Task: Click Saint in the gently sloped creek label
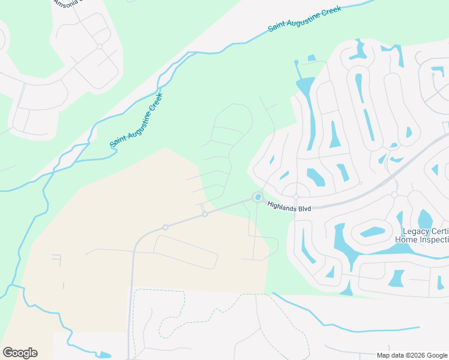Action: [x=277, y=26]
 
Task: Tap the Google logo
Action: [x=20, y=353]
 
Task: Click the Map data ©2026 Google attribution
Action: [x=412, y=355]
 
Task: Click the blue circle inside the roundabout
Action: [x=258, y=197]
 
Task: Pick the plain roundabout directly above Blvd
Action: [x=296, y=197]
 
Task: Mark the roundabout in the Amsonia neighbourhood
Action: [x=100, y=46]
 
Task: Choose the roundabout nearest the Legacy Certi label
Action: [x=394, y=195]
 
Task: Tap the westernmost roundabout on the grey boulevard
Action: [x=165, y=227]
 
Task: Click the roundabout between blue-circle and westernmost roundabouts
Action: [x=205, y=214]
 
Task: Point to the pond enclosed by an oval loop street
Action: [x=373, y=231]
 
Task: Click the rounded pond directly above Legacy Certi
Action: [x=425, y=218]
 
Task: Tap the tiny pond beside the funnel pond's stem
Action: [x=312, y=58]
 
